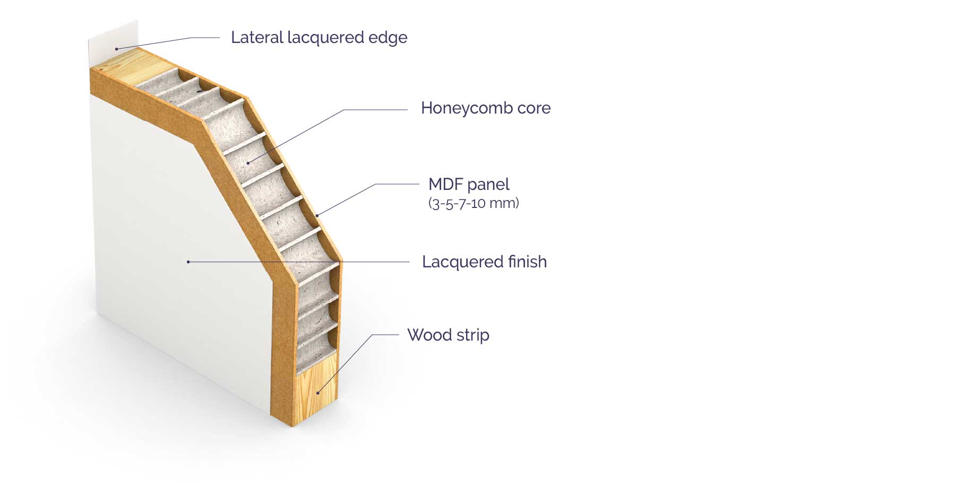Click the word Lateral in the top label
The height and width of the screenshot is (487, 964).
[x=257, y=38]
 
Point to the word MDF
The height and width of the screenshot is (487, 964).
[x=445, y=185]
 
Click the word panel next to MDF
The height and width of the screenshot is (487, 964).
[x=488, y=185]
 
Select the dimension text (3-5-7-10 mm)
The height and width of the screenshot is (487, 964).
[x=474, y=203]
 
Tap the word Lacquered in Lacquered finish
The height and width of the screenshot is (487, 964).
[x=461, y=262]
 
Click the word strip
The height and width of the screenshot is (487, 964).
[x=472, y=336]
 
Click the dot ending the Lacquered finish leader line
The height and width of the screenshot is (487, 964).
[x=188, y=262]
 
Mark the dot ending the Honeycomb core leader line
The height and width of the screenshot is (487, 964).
[x=247, y=162]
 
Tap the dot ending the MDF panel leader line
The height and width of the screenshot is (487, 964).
[x=317, y=215]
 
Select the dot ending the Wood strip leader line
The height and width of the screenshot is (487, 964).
[x=318, y=393]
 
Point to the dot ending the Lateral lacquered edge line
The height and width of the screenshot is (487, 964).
[x=117, y=49]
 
